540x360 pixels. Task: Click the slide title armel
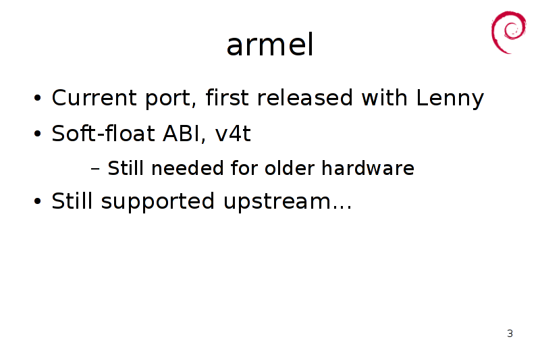point(270,45)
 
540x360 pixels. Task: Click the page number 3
point(510,334)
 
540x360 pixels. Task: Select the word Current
point(94,98)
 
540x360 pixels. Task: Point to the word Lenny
point(450,99)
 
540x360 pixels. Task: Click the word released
point(305,97)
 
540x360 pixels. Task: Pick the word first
point(227,97)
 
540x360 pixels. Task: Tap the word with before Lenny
point(385,97)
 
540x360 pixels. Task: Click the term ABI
point(181,133)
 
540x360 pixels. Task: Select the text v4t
point(233,133)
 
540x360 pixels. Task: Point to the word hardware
point(368,168)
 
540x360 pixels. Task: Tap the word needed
point(188,168)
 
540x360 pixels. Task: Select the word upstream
point(277,202)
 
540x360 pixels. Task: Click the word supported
point(158,201)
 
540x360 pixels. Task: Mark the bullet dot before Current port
point(38,98)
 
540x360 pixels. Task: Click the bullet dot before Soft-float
point(38,133)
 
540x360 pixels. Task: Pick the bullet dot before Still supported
point(38,201)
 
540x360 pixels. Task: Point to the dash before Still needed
point(95,169)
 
